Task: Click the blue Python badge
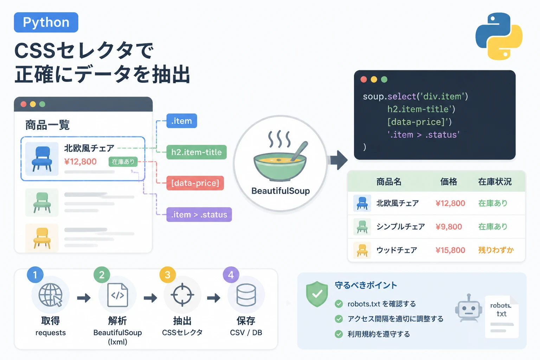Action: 46,22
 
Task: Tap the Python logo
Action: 499,36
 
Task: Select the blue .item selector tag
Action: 181,121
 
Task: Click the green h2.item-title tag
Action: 197,152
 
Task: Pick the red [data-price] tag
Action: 195,183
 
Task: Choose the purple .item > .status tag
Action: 199,214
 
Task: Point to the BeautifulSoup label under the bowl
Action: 281,191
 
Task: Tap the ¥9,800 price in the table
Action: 449,227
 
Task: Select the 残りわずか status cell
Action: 496,250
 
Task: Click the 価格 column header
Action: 449,181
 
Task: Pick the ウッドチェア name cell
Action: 397,250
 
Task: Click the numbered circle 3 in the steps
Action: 168,275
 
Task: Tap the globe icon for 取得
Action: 50,295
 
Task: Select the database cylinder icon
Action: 246,295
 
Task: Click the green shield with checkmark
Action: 317,294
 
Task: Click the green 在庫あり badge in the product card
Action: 123,162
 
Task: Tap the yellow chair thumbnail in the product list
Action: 42,238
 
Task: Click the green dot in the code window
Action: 384,79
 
